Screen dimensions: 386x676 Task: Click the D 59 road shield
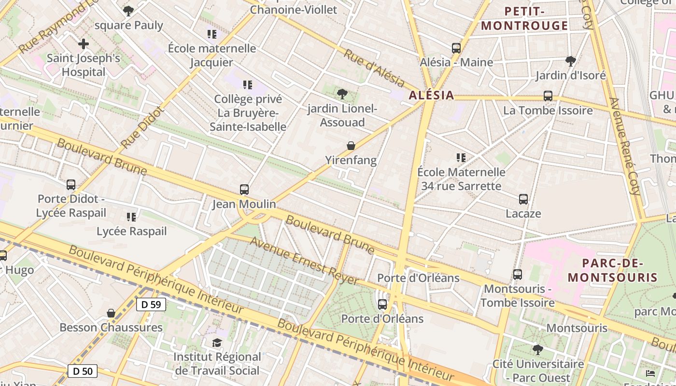[x=152, y=304]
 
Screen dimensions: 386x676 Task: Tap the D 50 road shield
[x=83, y=371]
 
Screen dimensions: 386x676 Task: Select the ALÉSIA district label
[x=431, y=95]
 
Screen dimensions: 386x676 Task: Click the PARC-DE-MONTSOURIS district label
[x=612, y=270]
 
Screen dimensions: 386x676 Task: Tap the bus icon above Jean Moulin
[x=244, y=190]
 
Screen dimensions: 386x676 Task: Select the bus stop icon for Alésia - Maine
[x=456, y=48]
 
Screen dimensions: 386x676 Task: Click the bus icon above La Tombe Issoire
[x=548, y=96]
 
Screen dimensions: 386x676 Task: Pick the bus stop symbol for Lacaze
[x=523, y=199]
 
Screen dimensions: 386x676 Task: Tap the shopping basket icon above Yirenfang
[x=351, y=146]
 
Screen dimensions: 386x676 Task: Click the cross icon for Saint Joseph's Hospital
[x=84, y=44]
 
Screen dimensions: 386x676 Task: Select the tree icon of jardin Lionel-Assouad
[x=342, y=94]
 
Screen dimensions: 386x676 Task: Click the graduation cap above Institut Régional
[x=217, y=343]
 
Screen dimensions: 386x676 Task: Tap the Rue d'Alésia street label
[x=374, y=69]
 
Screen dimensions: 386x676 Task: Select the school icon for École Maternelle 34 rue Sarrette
[x=461, y=158]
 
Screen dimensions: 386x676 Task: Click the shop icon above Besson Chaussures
[x=111, y=313]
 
